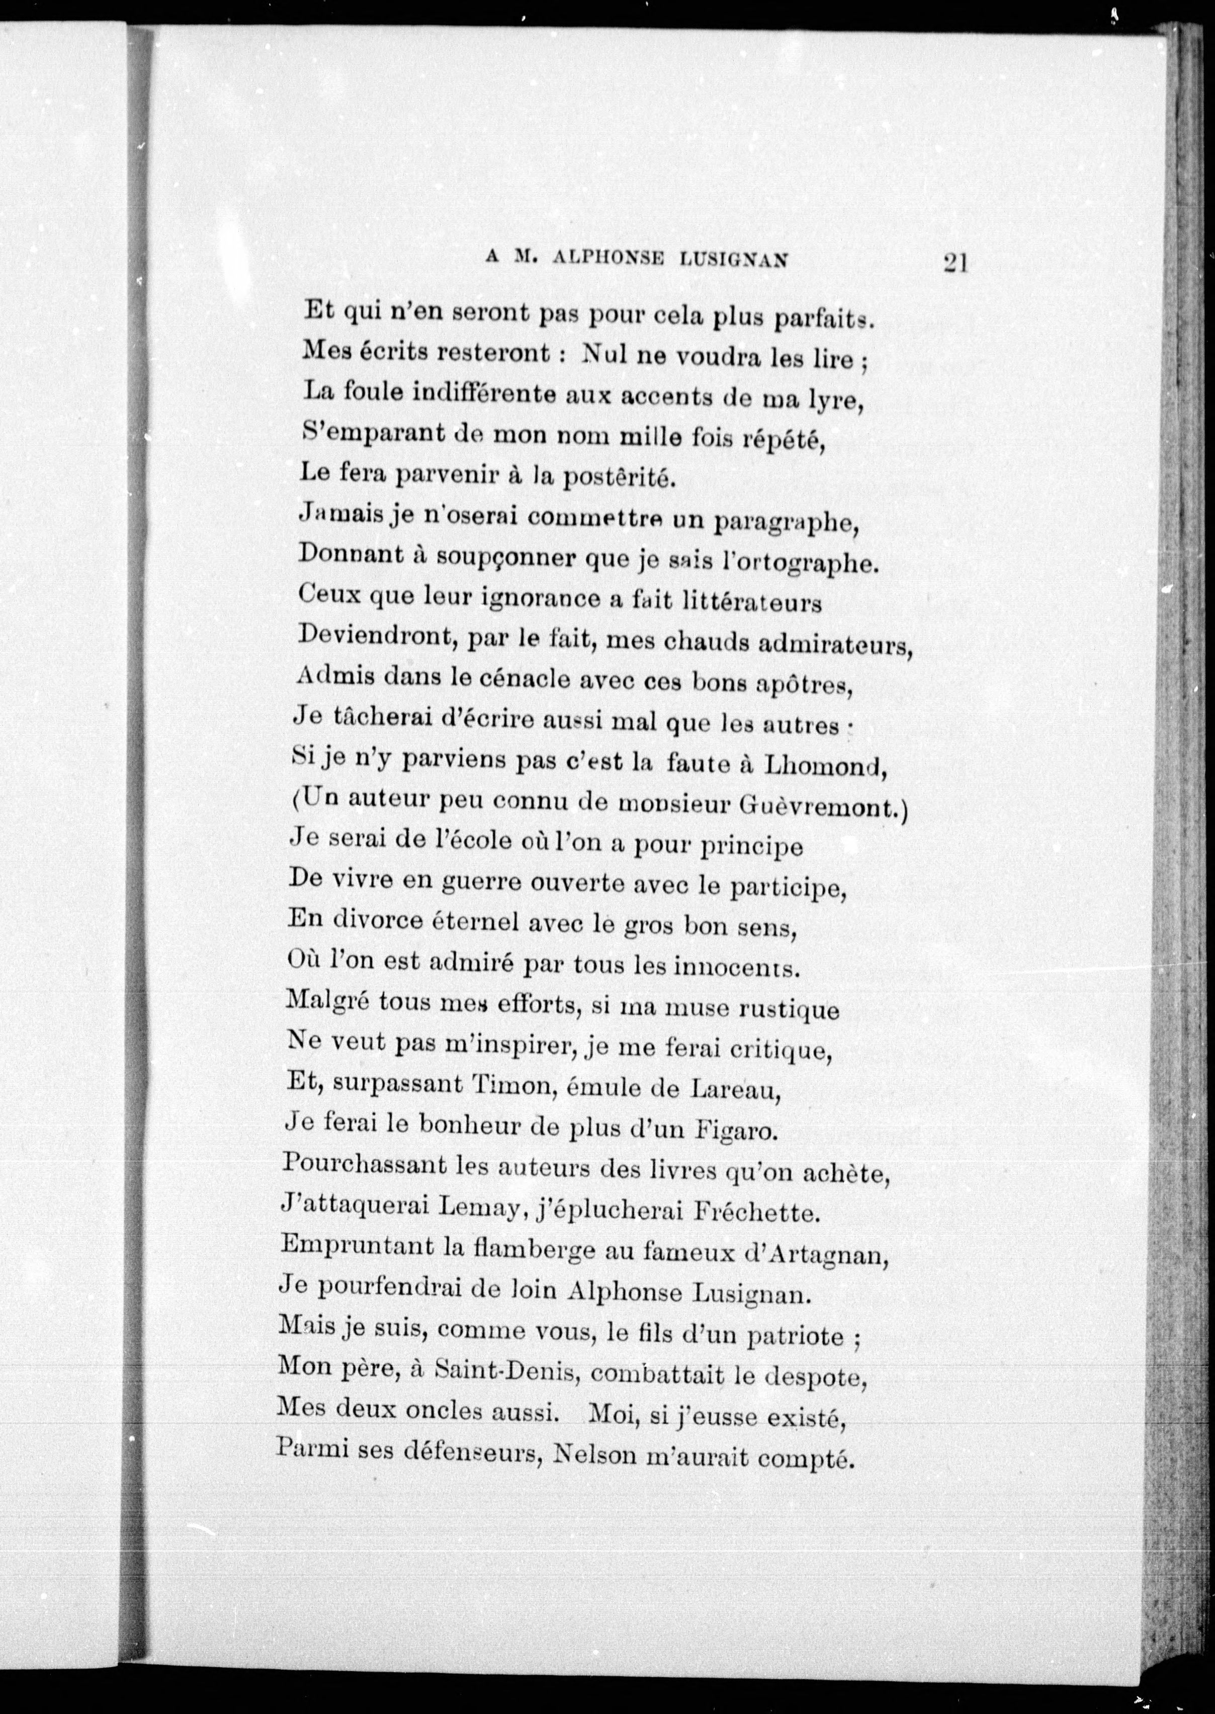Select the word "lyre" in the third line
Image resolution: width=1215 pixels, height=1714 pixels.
[832, 400]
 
